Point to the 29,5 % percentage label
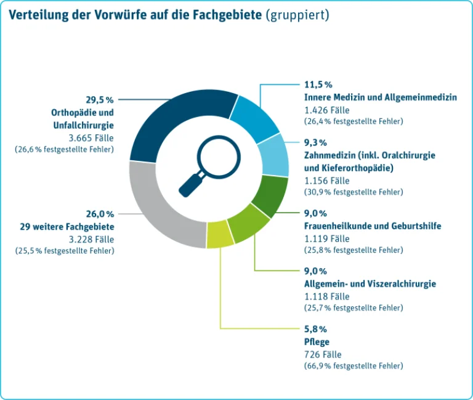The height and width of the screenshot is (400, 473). [x=100, y=100]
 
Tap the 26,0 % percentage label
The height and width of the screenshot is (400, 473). [x=100, y=214]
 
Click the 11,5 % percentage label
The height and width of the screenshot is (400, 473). [x=318, y=84]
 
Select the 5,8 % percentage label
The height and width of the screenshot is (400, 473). [x=315, y=329]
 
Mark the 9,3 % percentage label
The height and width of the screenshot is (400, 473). [x=315, y=142]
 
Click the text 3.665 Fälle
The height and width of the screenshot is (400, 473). [x=91, y=138]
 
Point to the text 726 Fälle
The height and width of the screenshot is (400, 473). [x=323, y=354]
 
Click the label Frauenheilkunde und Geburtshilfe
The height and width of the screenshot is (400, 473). [x=373, y=226]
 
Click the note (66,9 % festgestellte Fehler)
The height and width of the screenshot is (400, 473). [x=354, y=366]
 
